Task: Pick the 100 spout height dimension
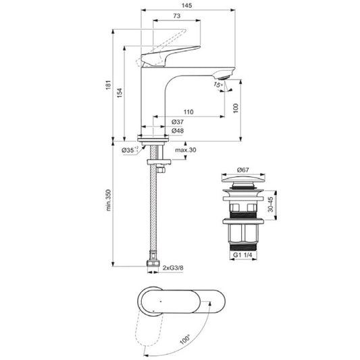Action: point(235,107)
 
